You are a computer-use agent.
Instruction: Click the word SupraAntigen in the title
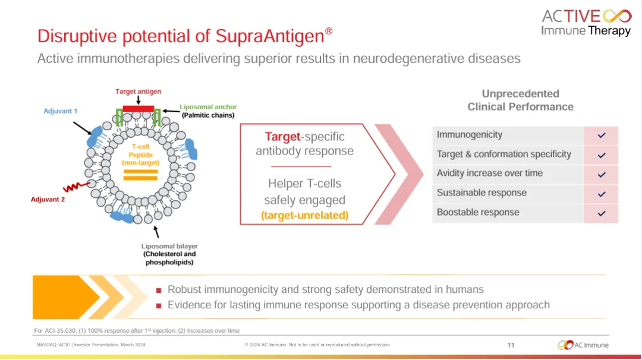[269, 36]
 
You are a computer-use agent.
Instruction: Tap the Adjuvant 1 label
[60, 111]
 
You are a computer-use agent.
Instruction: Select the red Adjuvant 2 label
[48, 199]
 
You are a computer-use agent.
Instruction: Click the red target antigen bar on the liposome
[139, 109]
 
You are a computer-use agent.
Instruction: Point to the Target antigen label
[138, 91]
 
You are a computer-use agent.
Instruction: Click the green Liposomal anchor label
[208, 107]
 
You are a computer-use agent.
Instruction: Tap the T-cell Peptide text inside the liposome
[140, 150]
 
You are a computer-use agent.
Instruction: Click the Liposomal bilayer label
[169, 246]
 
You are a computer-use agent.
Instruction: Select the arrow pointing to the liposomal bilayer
[156, 232]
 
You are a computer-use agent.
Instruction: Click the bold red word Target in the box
[282, 136]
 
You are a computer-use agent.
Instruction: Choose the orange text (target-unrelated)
[304, 215]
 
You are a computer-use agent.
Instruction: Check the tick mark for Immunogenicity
[602, 135]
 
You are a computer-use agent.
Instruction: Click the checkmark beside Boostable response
[602, 213]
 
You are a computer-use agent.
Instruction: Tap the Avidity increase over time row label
[490, 173]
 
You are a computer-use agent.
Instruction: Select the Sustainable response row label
[481, 192]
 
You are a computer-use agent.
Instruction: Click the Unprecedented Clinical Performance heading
[520, 100]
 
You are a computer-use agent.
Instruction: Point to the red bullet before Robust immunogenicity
[159, 290]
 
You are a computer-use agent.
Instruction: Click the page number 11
[511, 345]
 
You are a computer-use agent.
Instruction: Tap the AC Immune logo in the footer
[583, 345]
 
